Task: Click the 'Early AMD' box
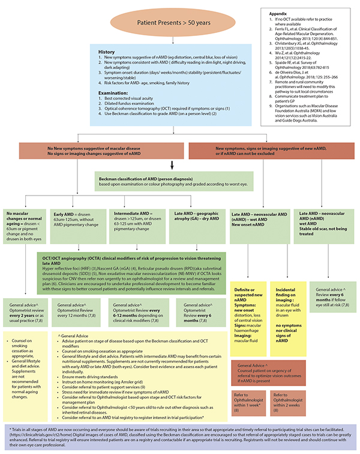[x=78, y=221]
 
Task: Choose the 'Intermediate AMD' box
[x=136, y=221]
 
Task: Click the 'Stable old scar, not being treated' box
[x=325, y=226]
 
